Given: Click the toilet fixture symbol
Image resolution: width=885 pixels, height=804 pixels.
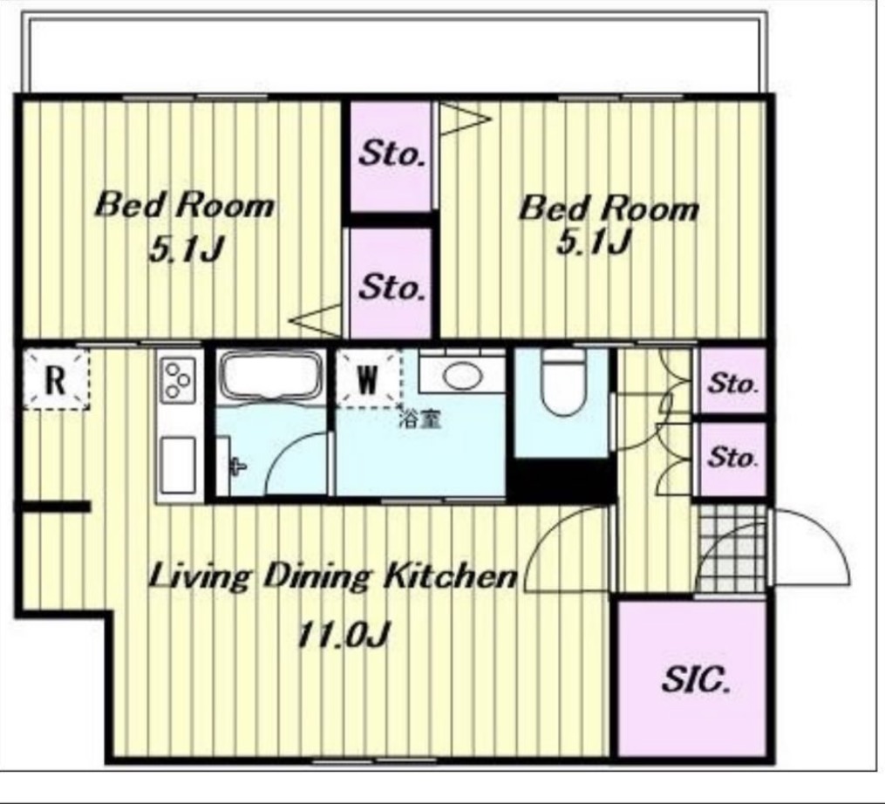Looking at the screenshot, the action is [562, 383].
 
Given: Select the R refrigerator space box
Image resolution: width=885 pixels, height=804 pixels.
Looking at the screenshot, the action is [55, 378].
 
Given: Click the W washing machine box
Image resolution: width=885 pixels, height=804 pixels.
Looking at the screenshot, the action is [368, 378].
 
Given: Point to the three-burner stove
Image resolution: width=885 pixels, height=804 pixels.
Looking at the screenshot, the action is [179, 378].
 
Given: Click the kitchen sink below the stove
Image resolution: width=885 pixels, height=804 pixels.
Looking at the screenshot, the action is [179, 466].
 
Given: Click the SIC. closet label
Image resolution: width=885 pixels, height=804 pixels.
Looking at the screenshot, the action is [695, 680].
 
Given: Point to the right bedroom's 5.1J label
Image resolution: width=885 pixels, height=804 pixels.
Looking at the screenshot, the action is [593, 242].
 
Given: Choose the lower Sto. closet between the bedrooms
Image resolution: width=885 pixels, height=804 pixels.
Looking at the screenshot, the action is [391, 284].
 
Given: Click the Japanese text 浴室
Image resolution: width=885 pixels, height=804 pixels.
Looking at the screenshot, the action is [420, 419].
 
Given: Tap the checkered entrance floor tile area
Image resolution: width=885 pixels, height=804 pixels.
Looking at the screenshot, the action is [732, 548].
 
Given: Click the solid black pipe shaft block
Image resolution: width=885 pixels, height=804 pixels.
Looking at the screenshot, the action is [562, 480].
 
